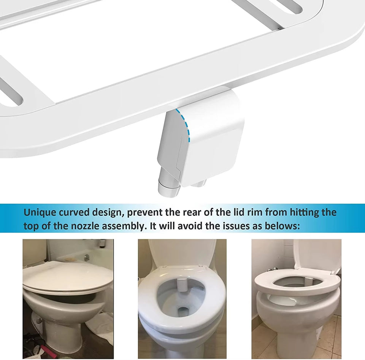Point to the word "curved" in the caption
click(78, 212)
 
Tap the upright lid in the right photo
click(317, 255)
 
